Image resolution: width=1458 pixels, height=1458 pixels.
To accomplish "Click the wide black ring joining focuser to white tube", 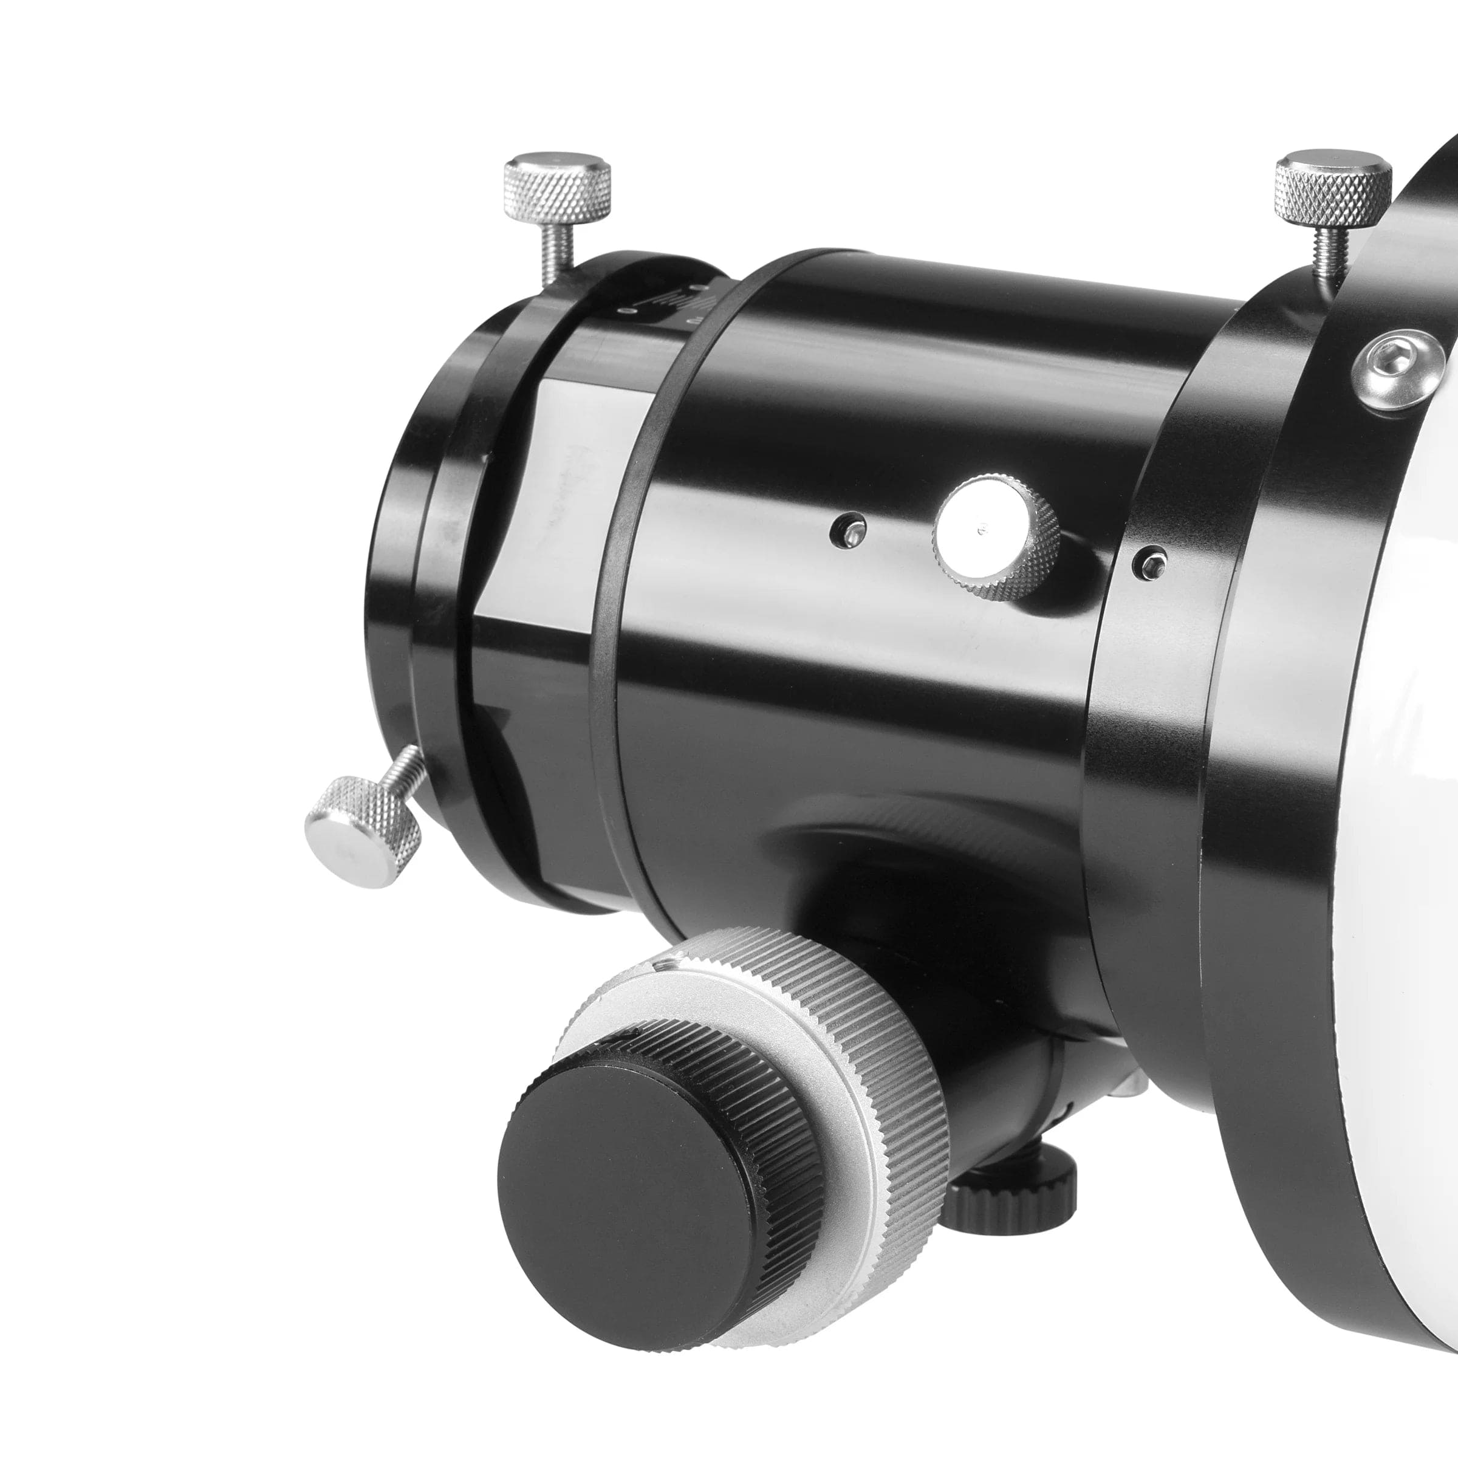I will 1155,755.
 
